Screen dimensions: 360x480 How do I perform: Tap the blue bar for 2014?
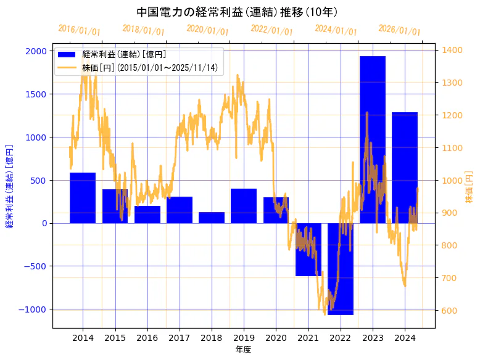pyautogui.click(x=83, y=198)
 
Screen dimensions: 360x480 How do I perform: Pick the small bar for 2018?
pyautogui.click(x=211, y=218)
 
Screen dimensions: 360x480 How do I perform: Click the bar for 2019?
pyautogui.click(x=243, y=206)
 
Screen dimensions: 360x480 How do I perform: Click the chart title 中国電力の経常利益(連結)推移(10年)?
pyautogui.click(x=237, y=12)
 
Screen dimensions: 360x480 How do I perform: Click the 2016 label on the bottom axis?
pyautogui.click(x=147, y=338)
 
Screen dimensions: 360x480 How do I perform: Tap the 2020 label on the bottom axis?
pyautogui.click(x=276, y=338)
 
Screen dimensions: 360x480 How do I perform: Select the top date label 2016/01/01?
pyautogui.click(x=79, y=30)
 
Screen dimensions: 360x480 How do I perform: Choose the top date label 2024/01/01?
pyautogui.click(x=336, y=30)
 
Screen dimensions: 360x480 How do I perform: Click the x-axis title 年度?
pyautogui.click(x=243, y=350)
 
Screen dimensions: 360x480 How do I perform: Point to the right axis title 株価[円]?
pyautogui.click(x=469, y=189)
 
